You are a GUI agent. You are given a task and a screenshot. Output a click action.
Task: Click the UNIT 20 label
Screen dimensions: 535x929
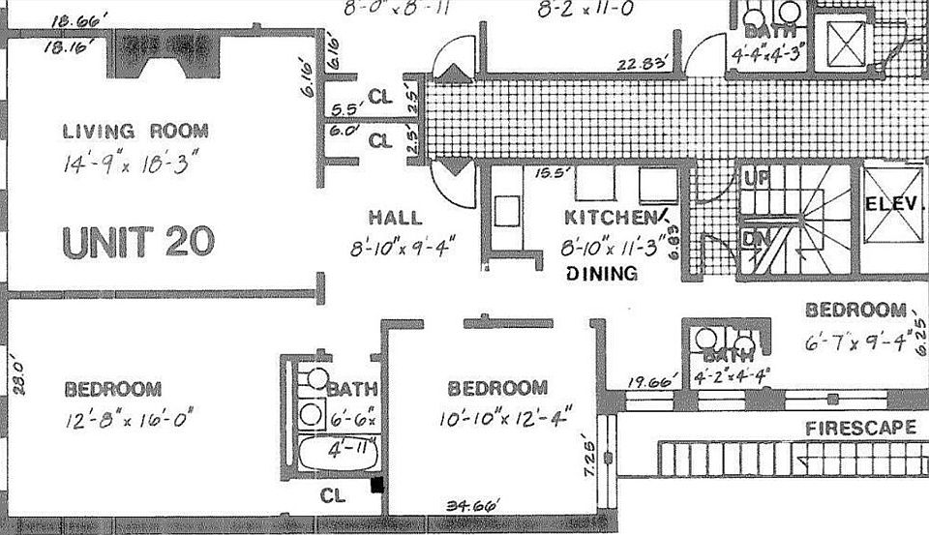tap(137, 242)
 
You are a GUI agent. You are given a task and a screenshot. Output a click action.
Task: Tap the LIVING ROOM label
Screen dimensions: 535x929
tap(135, 132)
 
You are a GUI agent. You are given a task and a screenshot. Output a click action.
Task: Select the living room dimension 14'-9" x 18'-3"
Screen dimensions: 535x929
tap(135, 163)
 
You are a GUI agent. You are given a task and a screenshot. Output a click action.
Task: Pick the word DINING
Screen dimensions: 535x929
tap(602, 274)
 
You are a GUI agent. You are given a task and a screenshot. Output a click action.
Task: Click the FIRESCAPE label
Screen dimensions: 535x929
tap(861, 428)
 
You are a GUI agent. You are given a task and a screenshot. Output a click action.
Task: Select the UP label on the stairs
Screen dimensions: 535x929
tap(755, 178)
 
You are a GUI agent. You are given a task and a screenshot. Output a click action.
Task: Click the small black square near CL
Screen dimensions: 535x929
tap(377, 486)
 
